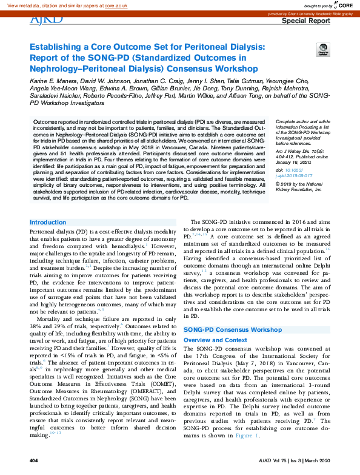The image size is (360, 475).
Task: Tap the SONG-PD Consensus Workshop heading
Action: click(x=232, y=329)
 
